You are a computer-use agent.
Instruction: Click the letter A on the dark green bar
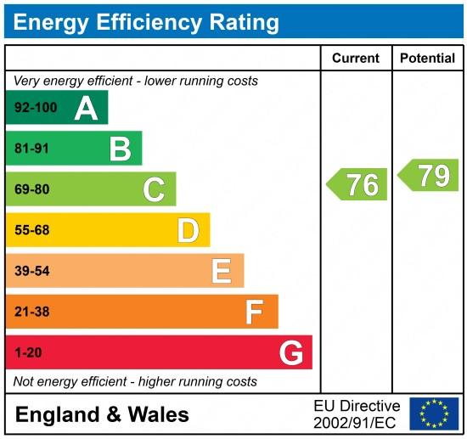coord(86,108)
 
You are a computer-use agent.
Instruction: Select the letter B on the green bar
coord(120,149)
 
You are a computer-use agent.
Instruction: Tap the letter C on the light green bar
coord(154,189)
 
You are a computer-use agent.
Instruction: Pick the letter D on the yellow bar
coord(188,230)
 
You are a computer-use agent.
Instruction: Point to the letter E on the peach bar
coord(222,271)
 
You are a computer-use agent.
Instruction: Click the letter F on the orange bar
coord(255,312)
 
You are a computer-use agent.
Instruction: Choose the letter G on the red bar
coord(290,352)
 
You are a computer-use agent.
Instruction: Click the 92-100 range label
coord(35,108)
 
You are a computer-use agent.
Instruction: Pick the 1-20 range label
coord(28,352)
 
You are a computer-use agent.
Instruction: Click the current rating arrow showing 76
coord(357,184)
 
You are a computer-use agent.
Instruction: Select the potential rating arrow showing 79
coord(429,175)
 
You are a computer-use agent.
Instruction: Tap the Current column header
coord(355,59)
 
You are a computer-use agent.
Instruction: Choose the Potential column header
coord(428,59)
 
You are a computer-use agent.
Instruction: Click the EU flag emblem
coord(433,414)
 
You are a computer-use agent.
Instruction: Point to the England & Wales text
coord(102,414)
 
